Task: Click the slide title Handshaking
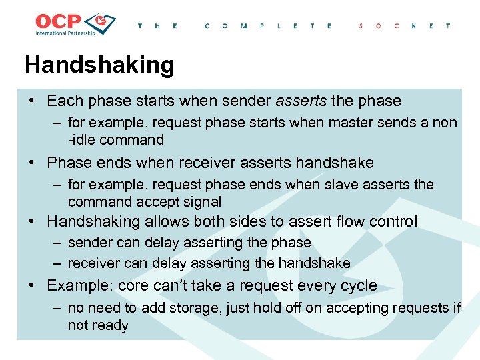(x=99, y=65)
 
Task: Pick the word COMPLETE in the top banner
(x=269, y=25)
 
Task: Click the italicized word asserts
(x=301, y=101)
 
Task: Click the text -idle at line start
(x=81, y=140)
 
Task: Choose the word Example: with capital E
(x=80, y=285)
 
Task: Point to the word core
(x=133, y=285)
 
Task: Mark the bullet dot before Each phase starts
(x=32, y=101)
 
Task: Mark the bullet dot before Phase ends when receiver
(x=32, y=163)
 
